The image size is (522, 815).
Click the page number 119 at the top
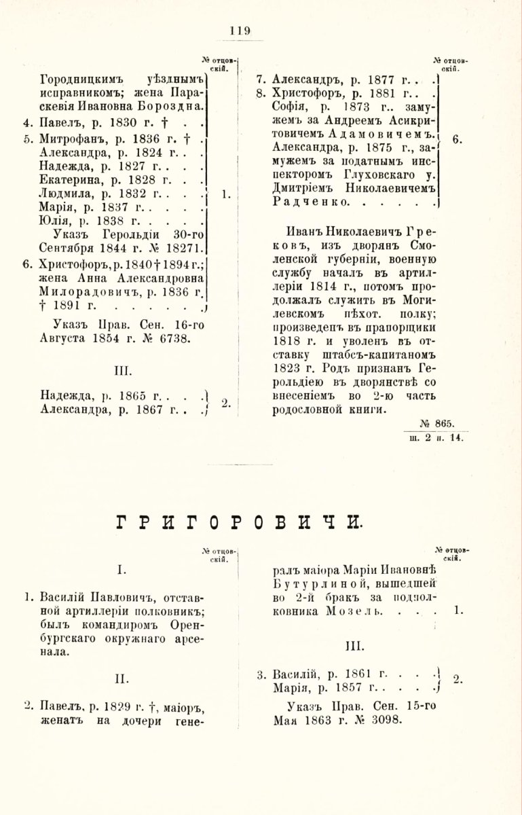coord(240,30)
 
